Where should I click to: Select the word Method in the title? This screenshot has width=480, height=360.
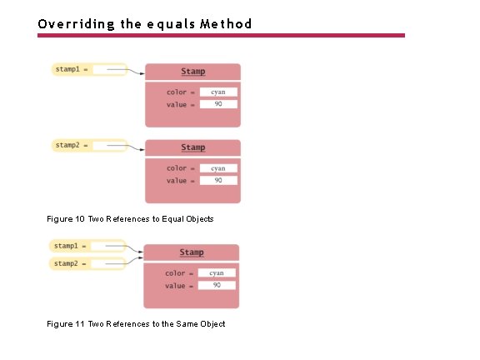(224, 23)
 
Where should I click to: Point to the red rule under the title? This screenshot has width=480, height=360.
(221, 35)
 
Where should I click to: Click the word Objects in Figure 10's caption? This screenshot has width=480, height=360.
(197, 218)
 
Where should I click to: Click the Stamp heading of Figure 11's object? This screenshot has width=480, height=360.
(192, 252)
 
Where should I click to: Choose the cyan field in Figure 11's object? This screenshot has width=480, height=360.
(216, 272)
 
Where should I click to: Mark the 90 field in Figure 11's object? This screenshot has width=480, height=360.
(216, 285)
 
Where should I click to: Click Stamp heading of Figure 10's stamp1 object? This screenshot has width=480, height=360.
(193, 72)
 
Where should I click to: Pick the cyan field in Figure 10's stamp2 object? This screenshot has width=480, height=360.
(217, 168)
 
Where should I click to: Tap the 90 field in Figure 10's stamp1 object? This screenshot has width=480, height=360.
(217, 104)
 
